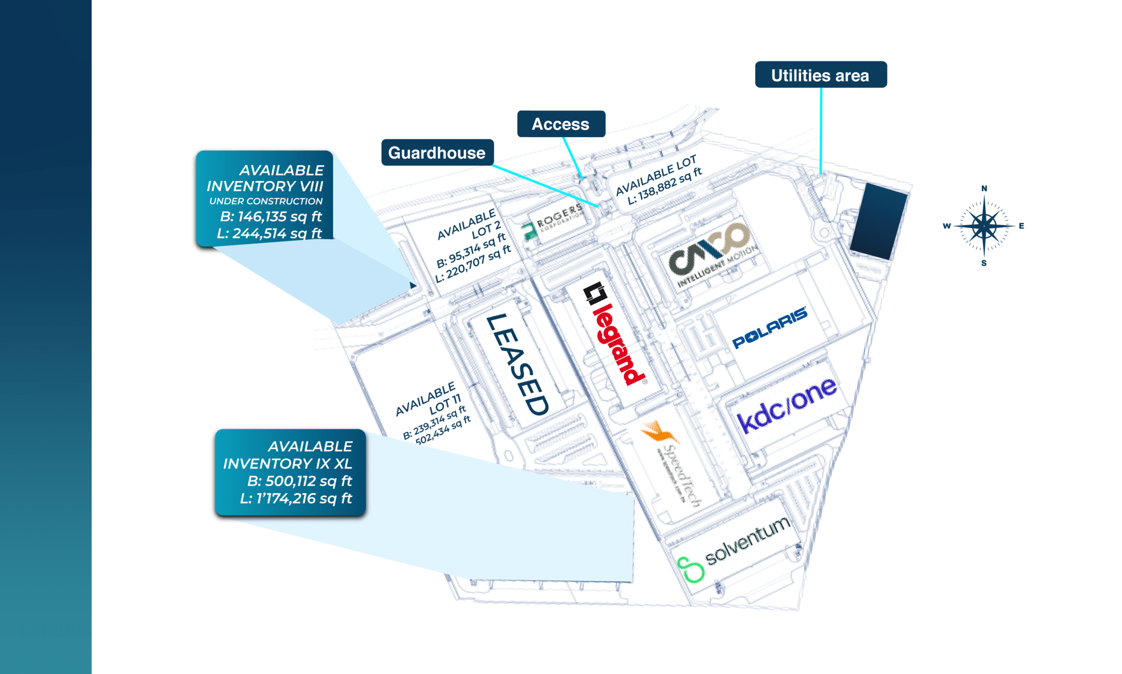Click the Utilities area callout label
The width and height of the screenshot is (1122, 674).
click(820, 75)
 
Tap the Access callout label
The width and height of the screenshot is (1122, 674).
click(561, 124)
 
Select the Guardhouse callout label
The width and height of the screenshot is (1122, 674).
click(437, 153)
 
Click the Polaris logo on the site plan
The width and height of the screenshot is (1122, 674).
click(769, 328)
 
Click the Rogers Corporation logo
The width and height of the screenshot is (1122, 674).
click(552, 221)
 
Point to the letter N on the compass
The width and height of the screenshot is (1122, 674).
click(984, 189)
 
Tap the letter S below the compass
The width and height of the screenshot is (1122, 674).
click(984, 264)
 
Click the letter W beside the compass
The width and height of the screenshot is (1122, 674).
click(946, 226)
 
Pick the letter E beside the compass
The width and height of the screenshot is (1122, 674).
click(1021, 226)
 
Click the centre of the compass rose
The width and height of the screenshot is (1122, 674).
click(984, 226)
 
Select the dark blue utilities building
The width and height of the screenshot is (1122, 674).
click(878, 221)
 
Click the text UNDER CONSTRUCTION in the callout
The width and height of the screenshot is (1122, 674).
click(266, 201)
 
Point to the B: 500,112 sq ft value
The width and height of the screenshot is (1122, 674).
click(299, 481)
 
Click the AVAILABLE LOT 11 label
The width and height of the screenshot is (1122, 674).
click(429, 399)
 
